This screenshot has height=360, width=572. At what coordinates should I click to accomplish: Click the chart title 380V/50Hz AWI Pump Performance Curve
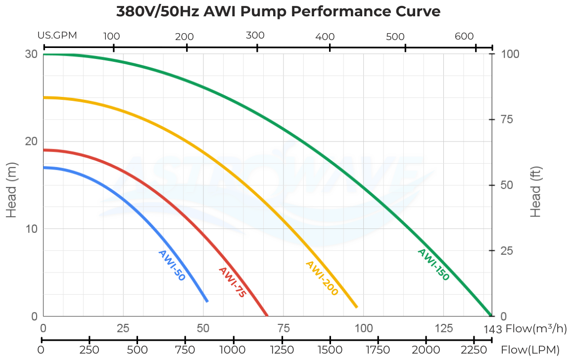coord(278,11)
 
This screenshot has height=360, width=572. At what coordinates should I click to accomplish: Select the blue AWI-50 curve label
coord(171,266)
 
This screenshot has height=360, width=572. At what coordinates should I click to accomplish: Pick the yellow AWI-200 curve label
coord(322,278)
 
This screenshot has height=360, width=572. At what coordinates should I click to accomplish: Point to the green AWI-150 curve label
coord(433,265)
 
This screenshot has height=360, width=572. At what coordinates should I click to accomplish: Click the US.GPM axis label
coord(57,36)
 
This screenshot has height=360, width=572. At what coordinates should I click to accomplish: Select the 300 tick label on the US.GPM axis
coord(255,36)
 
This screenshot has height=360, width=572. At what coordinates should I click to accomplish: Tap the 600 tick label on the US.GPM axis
coord(464,36)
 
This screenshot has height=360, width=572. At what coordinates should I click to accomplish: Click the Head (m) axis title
coord(12,185)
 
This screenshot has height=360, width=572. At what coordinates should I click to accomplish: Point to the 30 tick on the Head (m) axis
coord(31,54)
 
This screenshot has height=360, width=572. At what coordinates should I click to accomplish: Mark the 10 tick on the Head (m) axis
coord(31,228)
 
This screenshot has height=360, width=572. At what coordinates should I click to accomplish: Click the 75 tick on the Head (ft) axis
coord(506,120)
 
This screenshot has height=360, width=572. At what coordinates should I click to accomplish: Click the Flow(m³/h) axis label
coord(536,329)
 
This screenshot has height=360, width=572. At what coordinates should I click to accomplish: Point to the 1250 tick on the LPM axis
coord(282,350)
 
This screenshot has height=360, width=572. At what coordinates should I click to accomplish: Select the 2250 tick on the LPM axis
coord(474,350)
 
